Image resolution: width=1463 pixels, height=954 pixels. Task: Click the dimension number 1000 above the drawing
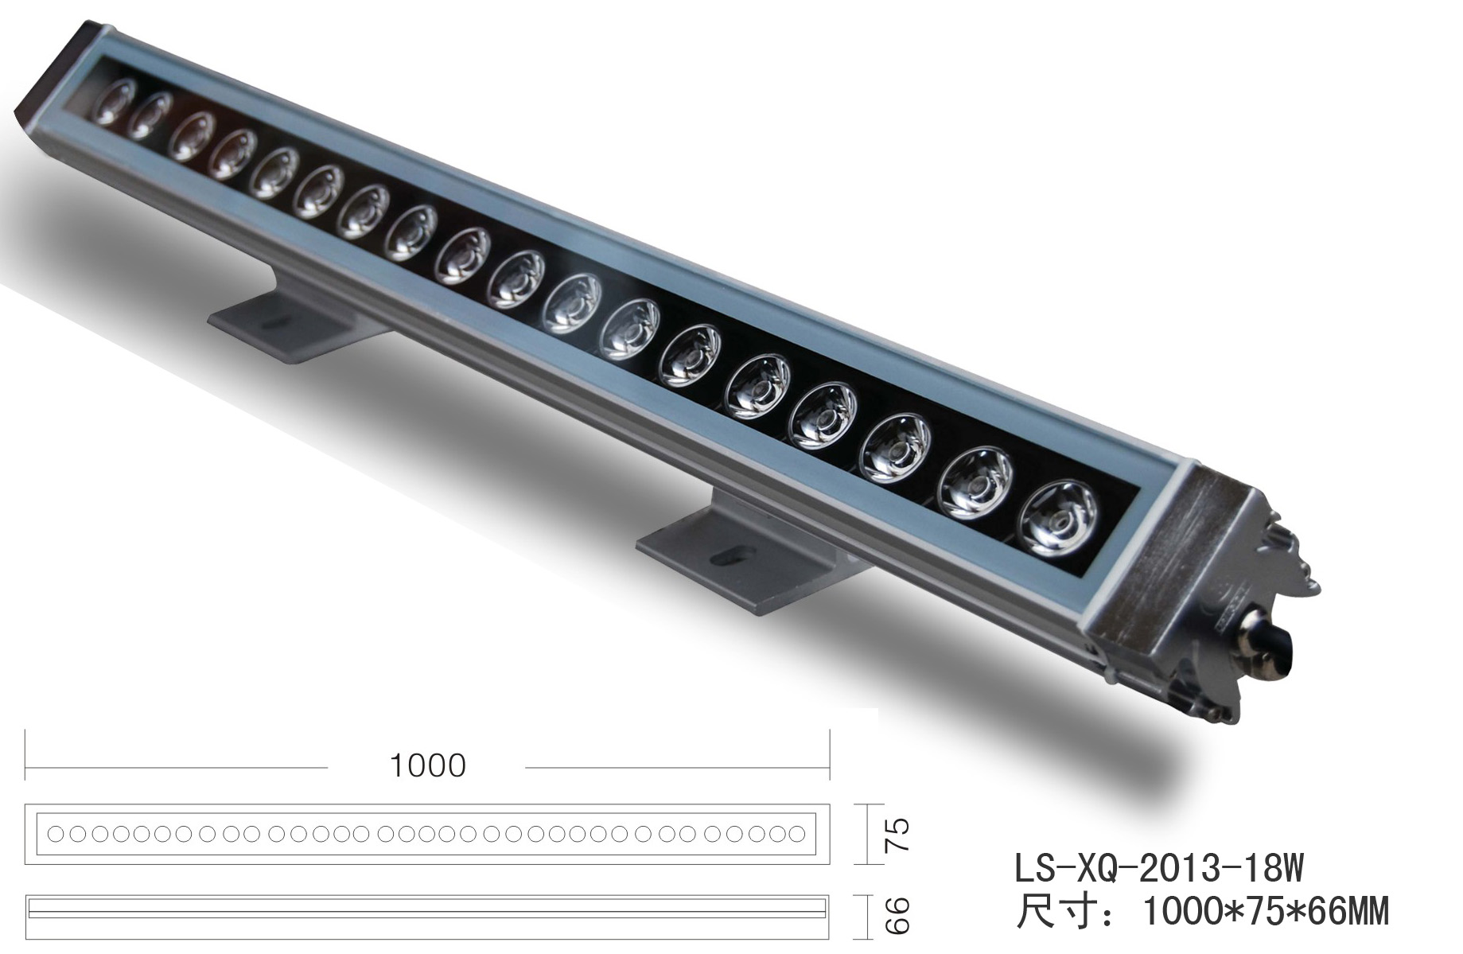coord(427,765)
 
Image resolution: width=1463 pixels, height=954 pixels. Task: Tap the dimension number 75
coord(896,834)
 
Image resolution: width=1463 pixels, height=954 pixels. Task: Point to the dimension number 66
coord(896,917)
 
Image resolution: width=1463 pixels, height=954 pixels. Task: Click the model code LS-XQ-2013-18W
coord(1159,868)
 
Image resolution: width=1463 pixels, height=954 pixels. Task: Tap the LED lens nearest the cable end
coord(1058,519)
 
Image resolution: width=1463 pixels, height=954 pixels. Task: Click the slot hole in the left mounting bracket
coord(276,324)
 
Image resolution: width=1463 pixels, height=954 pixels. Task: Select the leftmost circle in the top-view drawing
coord(56,834)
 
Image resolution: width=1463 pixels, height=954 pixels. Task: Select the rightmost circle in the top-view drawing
coord(796,834)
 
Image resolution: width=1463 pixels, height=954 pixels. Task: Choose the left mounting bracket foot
coord(294,322)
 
